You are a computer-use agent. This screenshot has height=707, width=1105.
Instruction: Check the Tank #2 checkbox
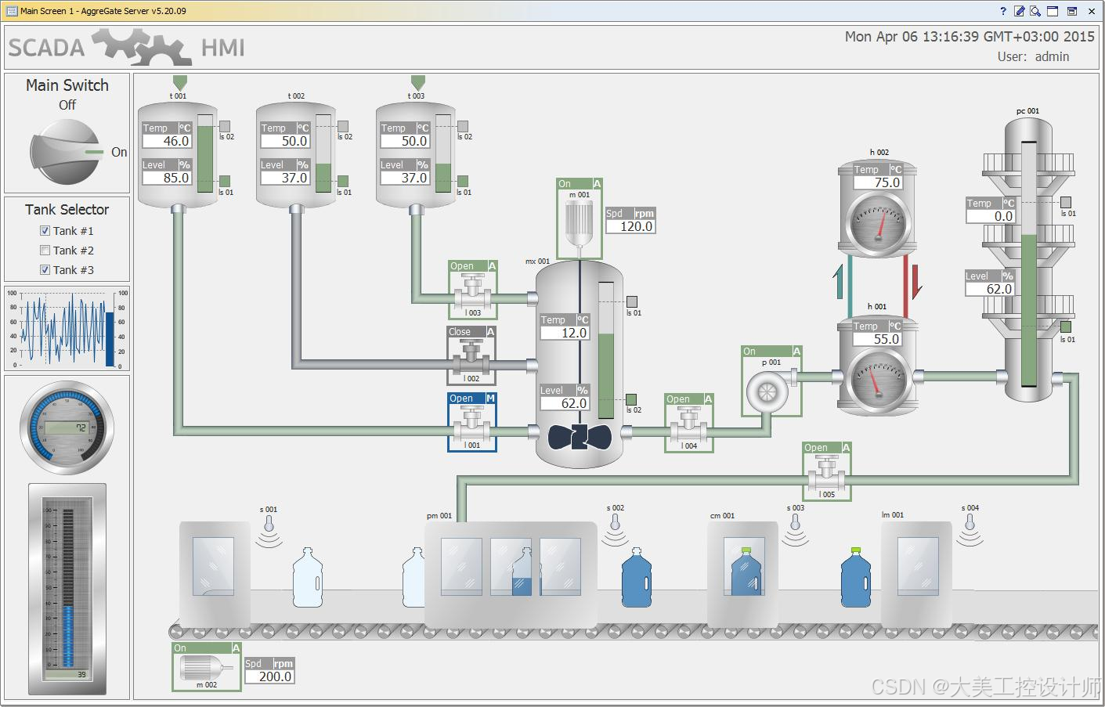click(45, 251)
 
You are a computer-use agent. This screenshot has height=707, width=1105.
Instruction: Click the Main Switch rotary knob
click(66, 153)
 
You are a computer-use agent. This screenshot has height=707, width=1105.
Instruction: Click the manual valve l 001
click(471, 426)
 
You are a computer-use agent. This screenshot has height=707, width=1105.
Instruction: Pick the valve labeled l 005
click(827, 474)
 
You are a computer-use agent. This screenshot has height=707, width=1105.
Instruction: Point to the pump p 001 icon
click(764, 391)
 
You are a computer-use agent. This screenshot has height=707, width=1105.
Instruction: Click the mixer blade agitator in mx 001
click(579, 437)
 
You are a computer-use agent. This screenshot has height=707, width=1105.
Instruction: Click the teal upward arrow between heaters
click(840, 282)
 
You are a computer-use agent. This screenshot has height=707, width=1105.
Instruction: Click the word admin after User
click(1052, 56)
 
